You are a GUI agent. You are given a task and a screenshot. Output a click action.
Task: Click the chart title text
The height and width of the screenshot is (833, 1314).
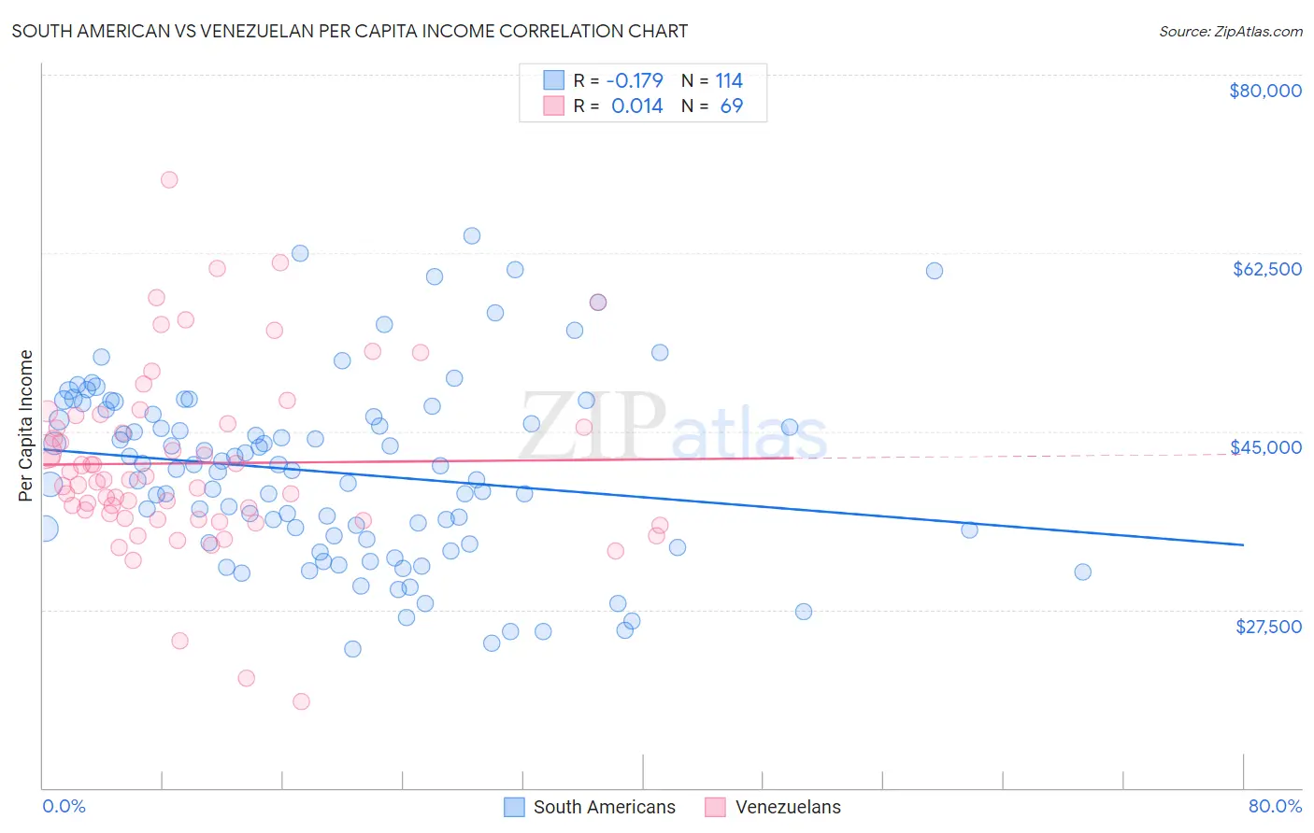click(x=350, y=31)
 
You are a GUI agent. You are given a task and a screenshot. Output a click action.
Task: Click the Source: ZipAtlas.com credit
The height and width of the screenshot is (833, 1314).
click(x=1230, y=31)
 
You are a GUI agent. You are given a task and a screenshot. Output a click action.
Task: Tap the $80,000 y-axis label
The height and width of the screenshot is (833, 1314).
click(x=1264, y=91)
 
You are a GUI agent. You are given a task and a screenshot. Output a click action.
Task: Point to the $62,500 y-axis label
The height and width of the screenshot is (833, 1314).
click(x=1266, y=269)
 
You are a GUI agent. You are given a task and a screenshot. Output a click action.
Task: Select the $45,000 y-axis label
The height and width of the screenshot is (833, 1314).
click(x=1265, y=447)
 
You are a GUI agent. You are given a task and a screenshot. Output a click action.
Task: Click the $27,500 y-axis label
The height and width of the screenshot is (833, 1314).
click(x=1268, y=627)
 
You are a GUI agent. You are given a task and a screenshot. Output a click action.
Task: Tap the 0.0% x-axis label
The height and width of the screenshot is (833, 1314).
click(x=64, y=806)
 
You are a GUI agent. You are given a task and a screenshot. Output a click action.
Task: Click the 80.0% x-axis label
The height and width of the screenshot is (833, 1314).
click(x=1275, y=806)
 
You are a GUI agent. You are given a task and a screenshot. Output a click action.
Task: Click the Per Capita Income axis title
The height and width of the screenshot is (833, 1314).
click(x=26, y=426)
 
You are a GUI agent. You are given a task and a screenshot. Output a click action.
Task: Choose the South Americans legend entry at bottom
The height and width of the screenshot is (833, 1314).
click(x=604, y=807)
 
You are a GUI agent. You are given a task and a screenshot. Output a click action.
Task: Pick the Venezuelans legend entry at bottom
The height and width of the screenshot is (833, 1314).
click(x=787, y=807)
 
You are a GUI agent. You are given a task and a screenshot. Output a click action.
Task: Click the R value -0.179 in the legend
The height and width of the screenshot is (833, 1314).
click(x=635, y=80)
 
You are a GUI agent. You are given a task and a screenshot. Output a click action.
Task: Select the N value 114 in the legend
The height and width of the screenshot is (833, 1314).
click(x=729, y=80)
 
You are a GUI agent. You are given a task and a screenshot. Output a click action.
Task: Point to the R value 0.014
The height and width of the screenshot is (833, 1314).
click(x=636, y=106)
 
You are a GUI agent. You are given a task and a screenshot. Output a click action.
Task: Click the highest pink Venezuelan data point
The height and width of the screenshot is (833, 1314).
click(x=169, y=179)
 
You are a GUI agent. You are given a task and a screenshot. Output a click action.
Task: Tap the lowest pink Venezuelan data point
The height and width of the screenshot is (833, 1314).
click(x=301, y=701)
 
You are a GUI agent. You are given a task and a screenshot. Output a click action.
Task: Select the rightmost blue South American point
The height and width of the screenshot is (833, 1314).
click(x=1082, y=572)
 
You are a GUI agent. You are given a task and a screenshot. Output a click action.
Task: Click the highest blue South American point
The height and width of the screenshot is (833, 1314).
click(x=472, y=235)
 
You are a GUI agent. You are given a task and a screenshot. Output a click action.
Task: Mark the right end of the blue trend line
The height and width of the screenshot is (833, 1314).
click(x=1243, y=544)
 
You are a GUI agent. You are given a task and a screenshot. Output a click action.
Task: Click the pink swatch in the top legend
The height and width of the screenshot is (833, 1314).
click(x=554, y=106)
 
